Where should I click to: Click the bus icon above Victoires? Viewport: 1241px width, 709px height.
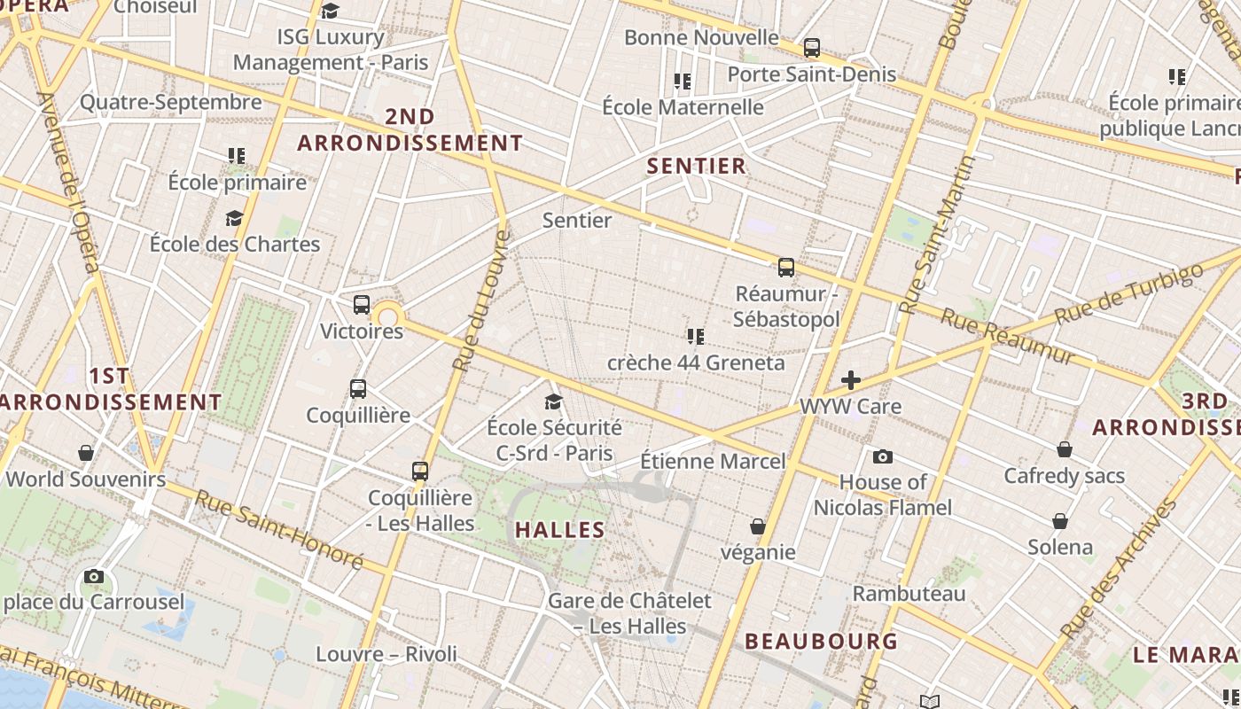[362, 305]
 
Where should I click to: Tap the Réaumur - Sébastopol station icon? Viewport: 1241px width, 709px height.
[786, 267]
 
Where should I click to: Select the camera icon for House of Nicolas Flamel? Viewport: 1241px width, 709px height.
[883, 456]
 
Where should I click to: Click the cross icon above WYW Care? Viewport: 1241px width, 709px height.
[851, 380]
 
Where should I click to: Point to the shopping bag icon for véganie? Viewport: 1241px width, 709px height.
[758, 526]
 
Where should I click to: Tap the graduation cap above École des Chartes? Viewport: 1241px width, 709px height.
[235, 218]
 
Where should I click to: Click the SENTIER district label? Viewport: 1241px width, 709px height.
[697, 166]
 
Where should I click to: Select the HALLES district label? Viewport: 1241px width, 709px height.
[560, 530]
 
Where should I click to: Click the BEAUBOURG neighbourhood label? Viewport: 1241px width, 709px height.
[822, 641]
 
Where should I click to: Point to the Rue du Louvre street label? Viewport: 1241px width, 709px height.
[480, 301]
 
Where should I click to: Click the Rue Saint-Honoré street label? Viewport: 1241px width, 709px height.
[279, 529]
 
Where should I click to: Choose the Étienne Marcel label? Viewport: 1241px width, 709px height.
[713, 461]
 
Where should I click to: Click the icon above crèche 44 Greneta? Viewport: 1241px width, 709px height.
[696, 337]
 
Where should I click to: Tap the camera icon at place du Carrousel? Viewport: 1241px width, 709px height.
[94, 577]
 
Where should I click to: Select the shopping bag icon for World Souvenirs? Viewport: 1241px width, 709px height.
[86, 454]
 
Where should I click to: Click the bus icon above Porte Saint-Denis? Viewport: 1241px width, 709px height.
[812, 48]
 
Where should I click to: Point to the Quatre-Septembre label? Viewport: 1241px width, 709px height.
[171, 102]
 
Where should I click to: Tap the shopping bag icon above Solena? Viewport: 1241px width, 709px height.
[1060, 521]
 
